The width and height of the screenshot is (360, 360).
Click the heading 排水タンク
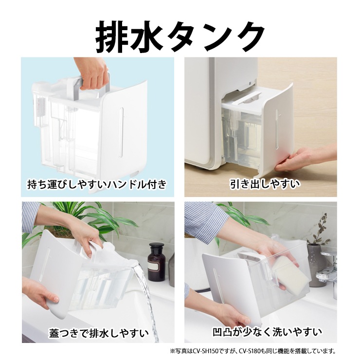click(180, 37)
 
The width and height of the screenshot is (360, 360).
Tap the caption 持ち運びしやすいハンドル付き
click(97, 184)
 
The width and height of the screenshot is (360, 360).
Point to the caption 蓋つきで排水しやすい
click(99, 333)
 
